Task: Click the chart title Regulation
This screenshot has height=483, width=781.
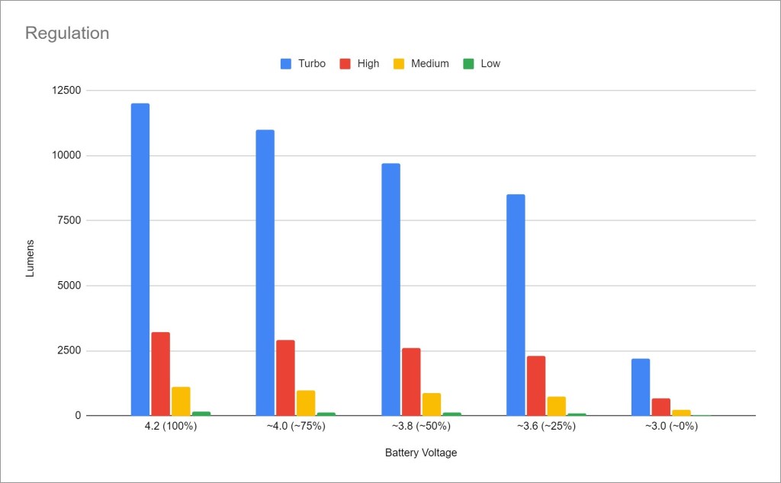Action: [x=67, y=34]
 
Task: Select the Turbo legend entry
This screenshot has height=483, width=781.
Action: [x=303, y=64]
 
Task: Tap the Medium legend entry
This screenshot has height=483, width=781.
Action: [x=421, y=64]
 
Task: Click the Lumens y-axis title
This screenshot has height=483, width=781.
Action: [x=31, y=258]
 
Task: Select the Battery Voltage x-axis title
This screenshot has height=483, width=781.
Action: [x=421, y=453]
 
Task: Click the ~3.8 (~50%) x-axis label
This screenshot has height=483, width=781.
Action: [x=420, y=427]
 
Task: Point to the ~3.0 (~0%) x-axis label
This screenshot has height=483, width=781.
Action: [x=670, y=427]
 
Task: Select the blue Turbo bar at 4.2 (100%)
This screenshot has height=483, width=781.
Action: [x=140, y=259]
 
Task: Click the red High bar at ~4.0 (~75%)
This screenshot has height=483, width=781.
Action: [x=285, y=378]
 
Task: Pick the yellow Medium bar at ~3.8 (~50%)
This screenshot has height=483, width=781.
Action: [x=431, y=405]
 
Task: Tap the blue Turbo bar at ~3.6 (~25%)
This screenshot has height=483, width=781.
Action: [x=516, y=305]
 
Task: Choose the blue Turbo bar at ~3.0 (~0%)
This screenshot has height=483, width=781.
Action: [x=641, y=387]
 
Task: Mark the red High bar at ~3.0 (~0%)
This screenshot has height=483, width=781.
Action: [x=661, y=407]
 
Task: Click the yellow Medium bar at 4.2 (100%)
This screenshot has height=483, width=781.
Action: [x=181, y=401]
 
